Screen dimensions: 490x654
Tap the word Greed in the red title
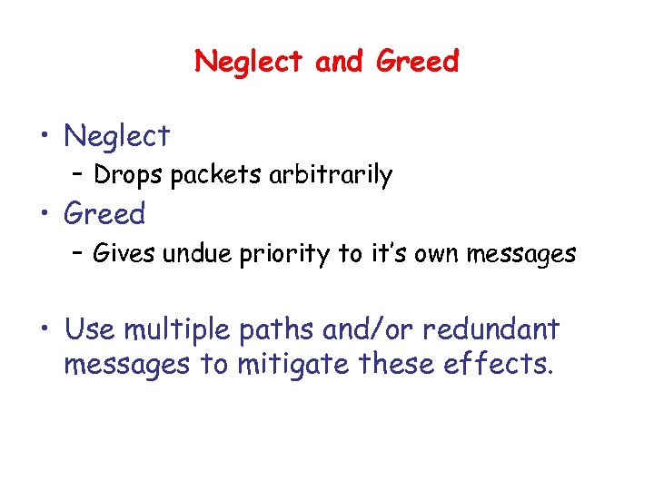coord(418,62)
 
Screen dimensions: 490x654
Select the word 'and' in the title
coord(341,62)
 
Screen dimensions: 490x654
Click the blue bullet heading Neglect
coord(117,136)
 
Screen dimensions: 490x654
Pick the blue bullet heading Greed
coord(104,214)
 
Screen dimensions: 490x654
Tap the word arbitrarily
coord(331,174)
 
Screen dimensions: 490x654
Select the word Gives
coord(125,253)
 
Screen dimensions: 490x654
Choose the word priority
coord(284,254)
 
